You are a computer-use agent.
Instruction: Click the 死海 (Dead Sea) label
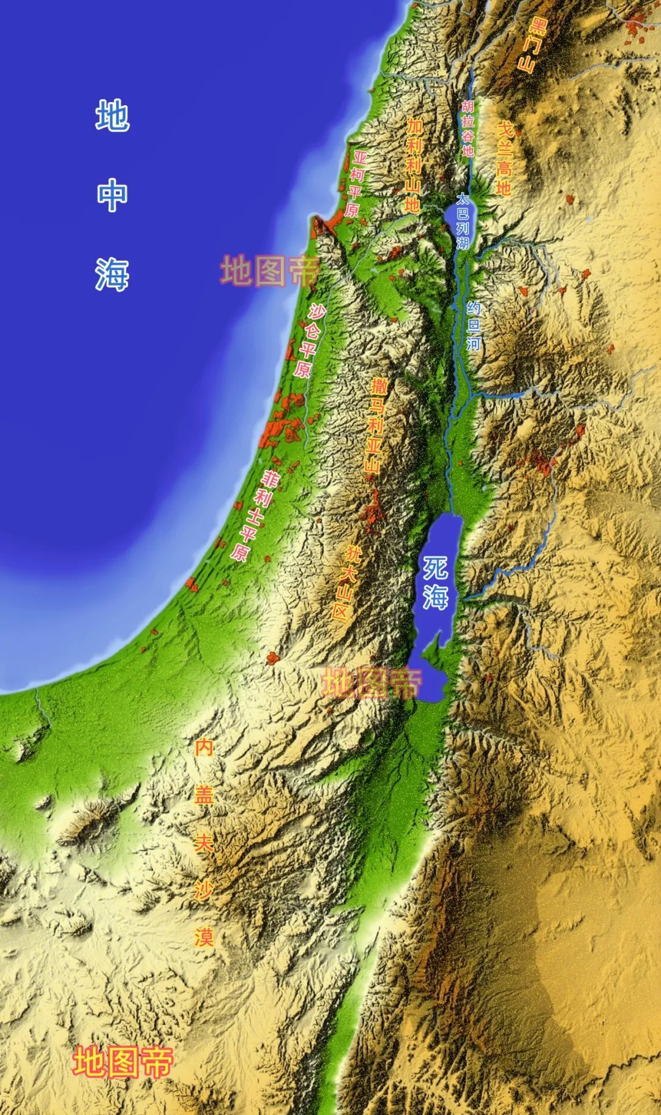436,582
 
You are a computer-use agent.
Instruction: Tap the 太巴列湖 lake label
463,221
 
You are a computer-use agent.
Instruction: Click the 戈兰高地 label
504,157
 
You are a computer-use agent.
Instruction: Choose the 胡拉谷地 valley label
468,129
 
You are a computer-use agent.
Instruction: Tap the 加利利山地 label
414,165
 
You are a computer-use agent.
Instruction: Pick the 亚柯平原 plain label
356,184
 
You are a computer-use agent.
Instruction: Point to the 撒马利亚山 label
375,425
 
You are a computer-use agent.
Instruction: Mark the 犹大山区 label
346,582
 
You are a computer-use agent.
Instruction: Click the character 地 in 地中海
112,116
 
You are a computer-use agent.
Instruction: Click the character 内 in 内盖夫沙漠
204,747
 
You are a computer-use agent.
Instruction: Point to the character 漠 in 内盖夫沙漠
204,936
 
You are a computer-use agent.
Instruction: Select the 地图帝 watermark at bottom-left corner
123,1062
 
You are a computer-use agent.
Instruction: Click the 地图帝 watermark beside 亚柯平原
269,271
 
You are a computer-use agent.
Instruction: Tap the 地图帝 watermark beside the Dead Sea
372,682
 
